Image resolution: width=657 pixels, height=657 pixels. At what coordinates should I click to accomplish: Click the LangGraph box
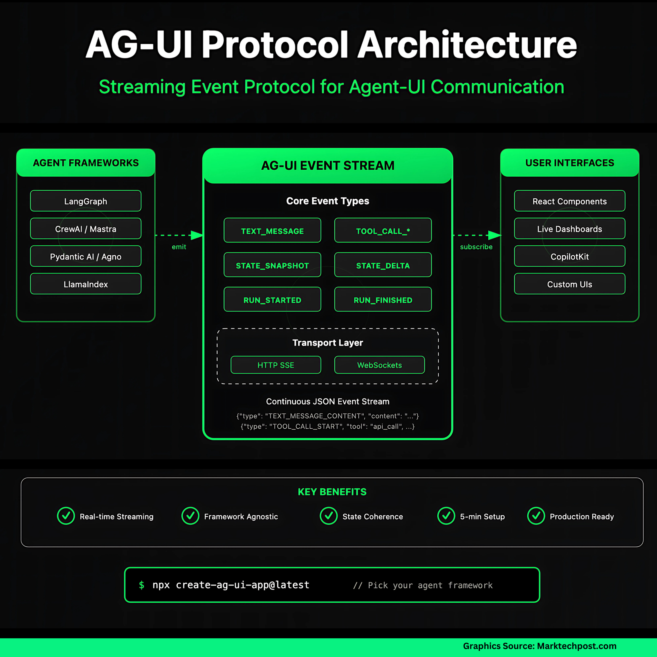tap(86, 201)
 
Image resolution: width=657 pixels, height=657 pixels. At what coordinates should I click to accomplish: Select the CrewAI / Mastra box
tap(86, 228)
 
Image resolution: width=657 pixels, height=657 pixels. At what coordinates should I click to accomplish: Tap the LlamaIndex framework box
tap(86, 284)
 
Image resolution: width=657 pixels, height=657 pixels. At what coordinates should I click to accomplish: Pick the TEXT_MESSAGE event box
tap(272, 230)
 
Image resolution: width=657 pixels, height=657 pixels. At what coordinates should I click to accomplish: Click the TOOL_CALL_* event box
tap(383, 230)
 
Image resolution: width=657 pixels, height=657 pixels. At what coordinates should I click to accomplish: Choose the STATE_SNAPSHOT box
tap(272, 265)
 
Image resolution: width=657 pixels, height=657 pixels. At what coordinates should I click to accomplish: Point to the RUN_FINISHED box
tap(383, 299)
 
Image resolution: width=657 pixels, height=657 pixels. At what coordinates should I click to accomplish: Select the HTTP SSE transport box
tap(276, 365)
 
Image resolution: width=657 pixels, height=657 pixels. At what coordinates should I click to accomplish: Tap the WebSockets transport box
tap(380, 365)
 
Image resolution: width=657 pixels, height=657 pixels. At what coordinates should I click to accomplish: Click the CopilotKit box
tap(569, 256)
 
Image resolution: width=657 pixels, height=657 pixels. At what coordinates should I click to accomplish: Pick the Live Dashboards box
tap(569, 228)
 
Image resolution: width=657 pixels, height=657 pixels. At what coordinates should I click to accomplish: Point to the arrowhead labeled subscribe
tap(495, 235)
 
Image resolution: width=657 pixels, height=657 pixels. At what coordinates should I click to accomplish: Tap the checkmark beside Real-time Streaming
tap(66, 516)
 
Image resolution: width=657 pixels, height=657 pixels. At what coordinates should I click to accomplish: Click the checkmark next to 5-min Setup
tap(446, 516)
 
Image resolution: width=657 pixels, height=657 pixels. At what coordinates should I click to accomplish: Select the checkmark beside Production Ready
tap(536, 516)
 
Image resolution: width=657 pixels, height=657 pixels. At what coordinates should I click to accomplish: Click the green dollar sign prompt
tap(141, 585)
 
